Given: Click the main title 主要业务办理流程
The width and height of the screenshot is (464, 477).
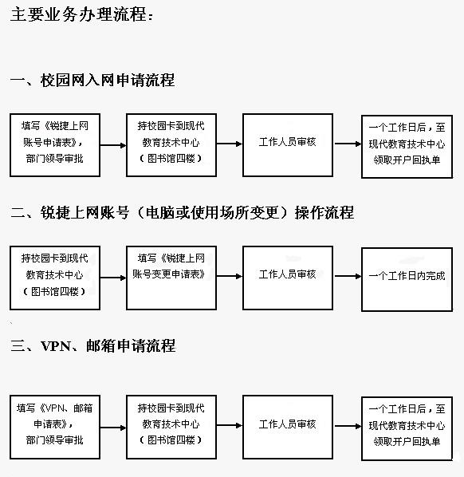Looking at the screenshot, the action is (x=79, y=14).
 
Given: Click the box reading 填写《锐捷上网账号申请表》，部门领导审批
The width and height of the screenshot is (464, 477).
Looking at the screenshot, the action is (x=55, y=145).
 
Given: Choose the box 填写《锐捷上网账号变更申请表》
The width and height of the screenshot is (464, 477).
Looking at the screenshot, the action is (x=171, y=278).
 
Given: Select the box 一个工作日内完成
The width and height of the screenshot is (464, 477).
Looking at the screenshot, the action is (x=407, y=279).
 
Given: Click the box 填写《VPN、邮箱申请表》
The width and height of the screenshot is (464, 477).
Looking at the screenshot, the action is (x=55, y=427).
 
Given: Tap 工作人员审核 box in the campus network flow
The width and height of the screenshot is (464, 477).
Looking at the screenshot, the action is (x=288, y=145).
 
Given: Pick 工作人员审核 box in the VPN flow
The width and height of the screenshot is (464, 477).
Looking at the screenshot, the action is (x=288, y=427).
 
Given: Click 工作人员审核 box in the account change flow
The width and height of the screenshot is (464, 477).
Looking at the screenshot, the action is (x=288, y=278).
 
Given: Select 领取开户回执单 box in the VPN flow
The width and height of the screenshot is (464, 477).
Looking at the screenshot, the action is (x=407, y=428).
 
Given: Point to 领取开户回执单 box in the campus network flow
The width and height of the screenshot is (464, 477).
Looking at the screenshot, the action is (x=407, y=147).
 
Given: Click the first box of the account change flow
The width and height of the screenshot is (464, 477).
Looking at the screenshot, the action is (x=55, y=278).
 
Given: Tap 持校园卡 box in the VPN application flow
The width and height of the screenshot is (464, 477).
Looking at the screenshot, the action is (x=171, y=427).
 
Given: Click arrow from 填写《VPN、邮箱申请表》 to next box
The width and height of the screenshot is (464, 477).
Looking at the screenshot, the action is (x=113, y=428).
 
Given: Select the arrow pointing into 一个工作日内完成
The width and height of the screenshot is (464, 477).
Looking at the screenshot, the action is (x=348, y=276).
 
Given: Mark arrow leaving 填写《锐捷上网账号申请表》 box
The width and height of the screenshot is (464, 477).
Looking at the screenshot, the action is (x=113, y=145).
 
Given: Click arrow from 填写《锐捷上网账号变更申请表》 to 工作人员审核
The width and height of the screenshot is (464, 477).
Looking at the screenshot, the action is (x=230, y=276).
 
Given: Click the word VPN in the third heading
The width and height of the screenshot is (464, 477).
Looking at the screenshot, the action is (x=56, y=346).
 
